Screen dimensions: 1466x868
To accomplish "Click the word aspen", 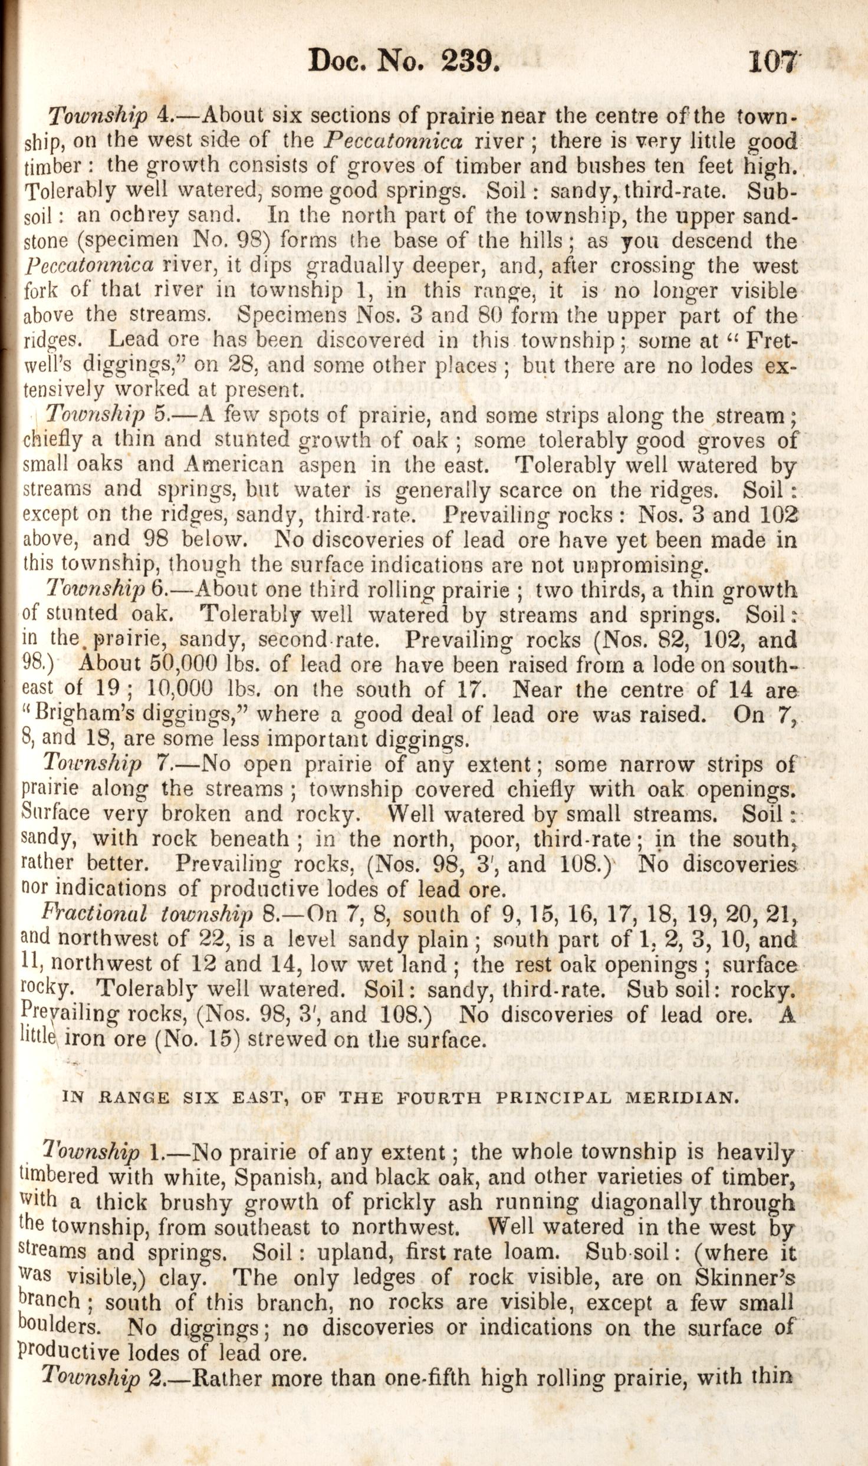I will tap(327, 465).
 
